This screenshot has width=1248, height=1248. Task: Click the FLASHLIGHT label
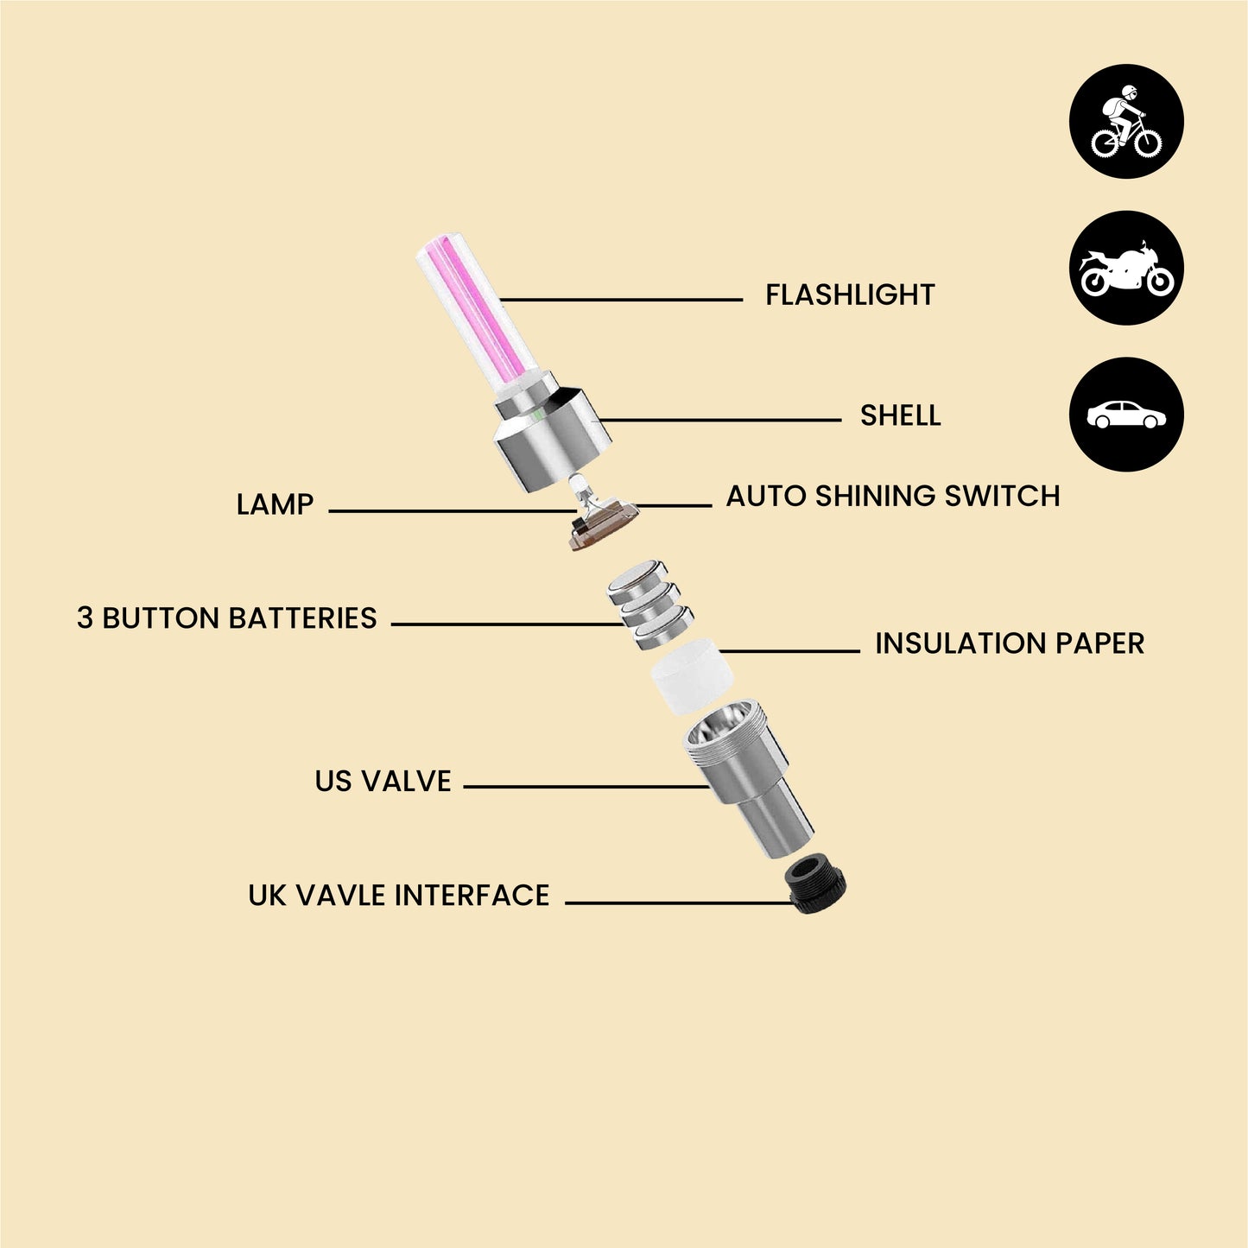[x=850, y=295]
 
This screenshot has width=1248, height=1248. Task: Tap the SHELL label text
[x=900, y=415]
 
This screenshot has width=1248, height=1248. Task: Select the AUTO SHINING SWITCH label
[x=893, y=496]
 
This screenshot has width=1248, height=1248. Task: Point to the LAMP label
[x=275, y=504]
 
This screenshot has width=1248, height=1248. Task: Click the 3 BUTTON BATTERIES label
[x=226, y=618]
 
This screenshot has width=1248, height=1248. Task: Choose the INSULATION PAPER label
[x=1010, y=643]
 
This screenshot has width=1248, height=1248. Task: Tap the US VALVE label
[x=383, y=781]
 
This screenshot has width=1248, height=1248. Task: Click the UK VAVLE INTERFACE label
[x=399, y=895]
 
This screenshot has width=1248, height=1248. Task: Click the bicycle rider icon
[x=1126, y=121]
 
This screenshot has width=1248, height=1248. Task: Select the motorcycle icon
[x=1126, y=268]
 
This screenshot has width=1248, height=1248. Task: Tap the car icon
[x=1126, y=415]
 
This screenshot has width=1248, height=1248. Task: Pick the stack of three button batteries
[x=649, y=605]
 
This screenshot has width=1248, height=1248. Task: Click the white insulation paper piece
[x=691, y=675]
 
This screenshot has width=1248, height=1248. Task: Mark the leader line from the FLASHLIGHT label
[x=621, y=300]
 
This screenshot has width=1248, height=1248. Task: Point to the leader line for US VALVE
[x=586, y=787]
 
